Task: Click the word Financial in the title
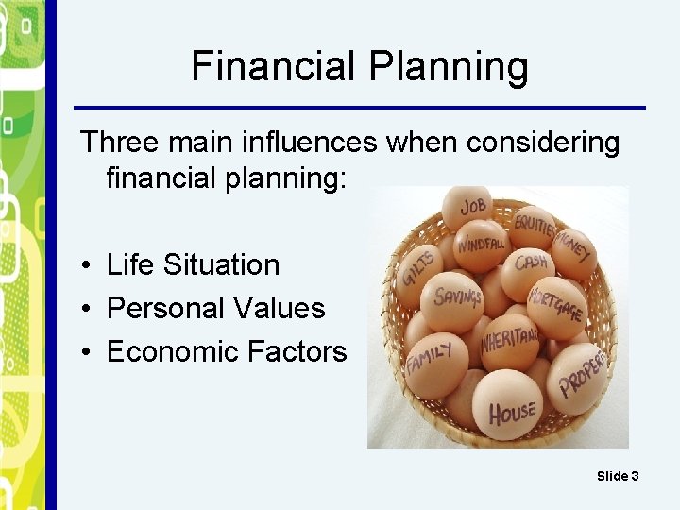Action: [x=272, y=67]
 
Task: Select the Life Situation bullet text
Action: [x=194, y=264]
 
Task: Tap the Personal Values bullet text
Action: [x=215, y=308]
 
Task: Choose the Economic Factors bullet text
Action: [x=227, y=351]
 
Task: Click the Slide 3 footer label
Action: [x=618, y=476]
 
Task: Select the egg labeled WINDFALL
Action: [x=480, y=245]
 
